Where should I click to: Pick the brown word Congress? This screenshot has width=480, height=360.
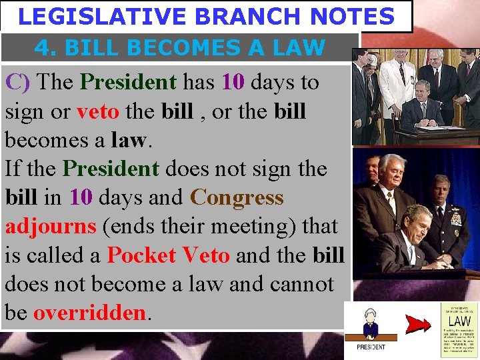click(237, 198)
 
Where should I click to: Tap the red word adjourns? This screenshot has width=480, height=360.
click(51, 227)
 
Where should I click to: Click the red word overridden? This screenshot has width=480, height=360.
click(89, 313)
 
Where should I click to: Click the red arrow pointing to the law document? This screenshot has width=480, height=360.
click(418, 325)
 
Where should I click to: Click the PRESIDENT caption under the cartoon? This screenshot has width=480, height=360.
click(371, 347)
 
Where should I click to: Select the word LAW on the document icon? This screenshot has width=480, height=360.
click(459, 321)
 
